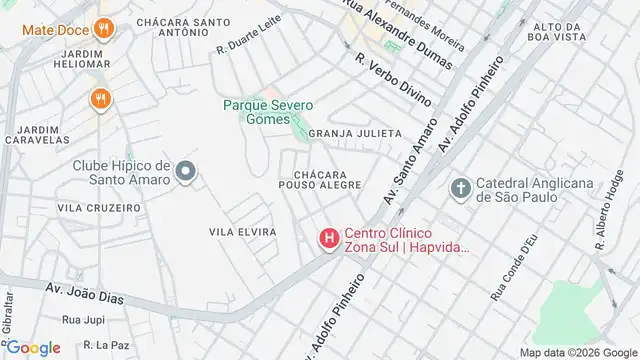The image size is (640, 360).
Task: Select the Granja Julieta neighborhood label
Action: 355,133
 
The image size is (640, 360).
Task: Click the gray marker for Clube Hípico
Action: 184,174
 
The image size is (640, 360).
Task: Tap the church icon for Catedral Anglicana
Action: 460,187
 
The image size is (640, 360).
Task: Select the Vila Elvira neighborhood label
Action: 242,232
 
